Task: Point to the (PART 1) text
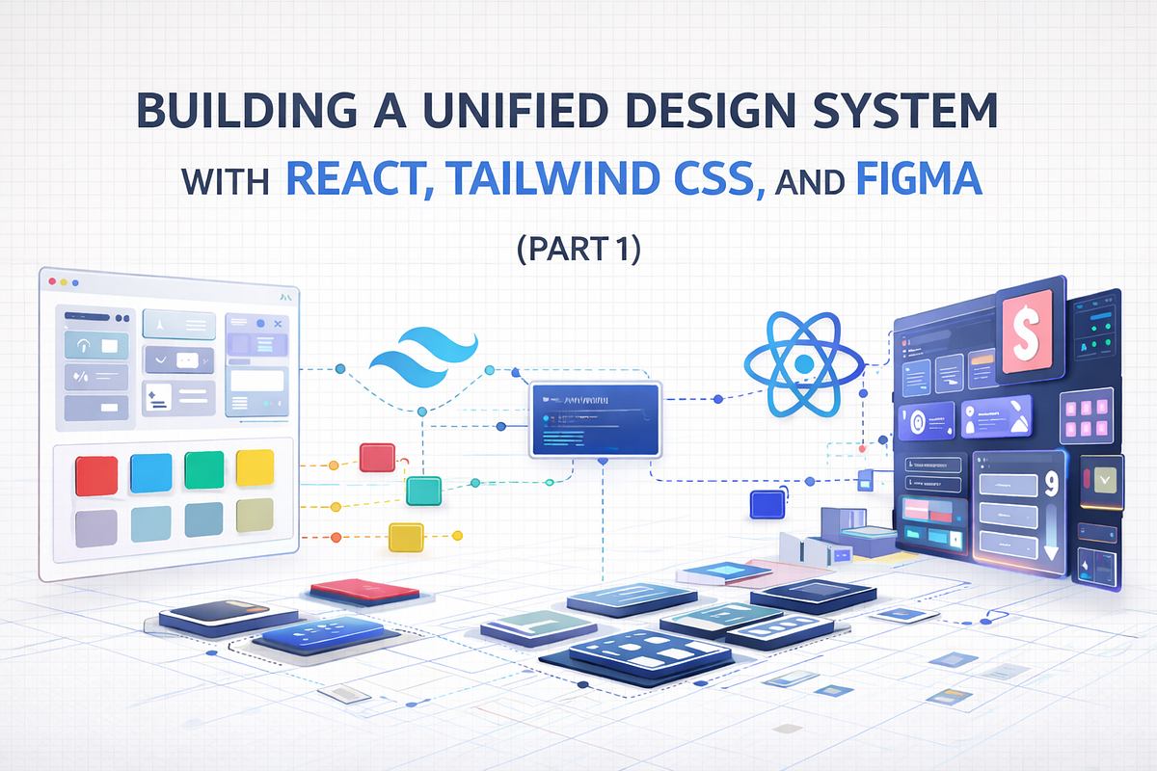(x=578, y=248)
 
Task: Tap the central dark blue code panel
(x=595, y=420)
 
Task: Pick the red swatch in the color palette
(x=96, y=475)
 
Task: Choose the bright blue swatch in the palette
(x=150, y=473)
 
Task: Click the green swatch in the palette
(x=203, y=471)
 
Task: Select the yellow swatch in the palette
(x=256, y=468)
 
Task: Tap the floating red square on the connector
(x=376, y=458)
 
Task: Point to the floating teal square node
(x=423, y=491)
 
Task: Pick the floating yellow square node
(x=406, y=537)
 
